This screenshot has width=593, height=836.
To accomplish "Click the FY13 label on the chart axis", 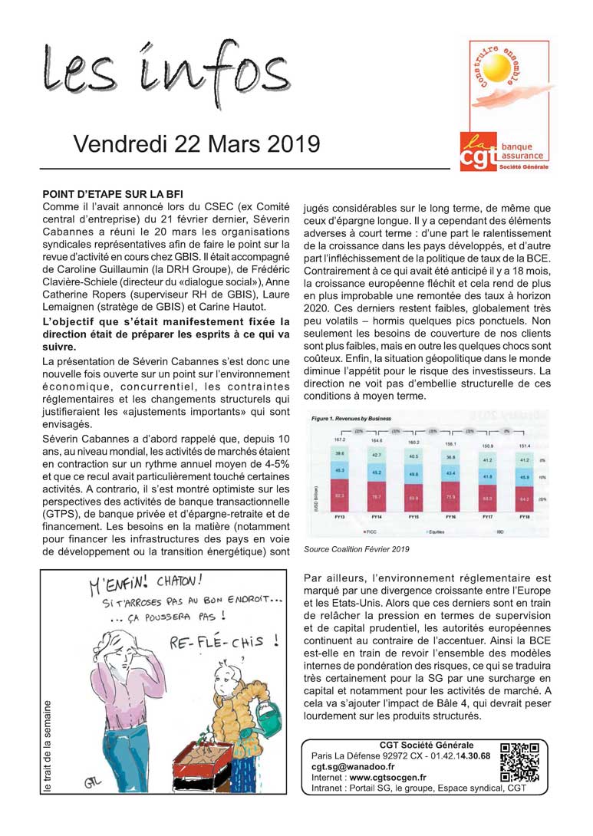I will tap(339, 517).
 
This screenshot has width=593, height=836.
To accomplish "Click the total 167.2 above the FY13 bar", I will tap(339, 439).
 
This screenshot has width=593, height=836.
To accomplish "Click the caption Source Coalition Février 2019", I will tap(356, 549).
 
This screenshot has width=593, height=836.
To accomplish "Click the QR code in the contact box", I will tap(519, 762).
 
